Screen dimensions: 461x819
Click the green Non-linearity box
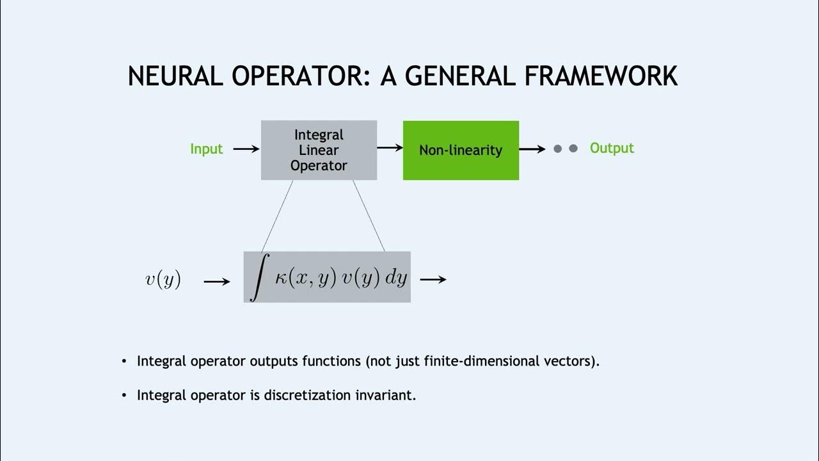(461, 150)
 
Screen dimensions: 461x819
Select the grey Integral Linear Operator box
(319, 150)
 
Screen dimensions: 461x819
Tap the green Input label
(206, 149)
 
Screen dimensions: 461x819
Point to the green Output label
(612, 149)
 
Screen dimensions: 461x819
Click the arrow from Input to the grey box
(246, 149)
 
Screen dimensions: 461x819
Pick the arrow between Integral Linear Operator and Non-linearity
(390, 148)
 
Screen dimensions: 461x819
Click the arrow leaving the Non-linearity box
(532, 149)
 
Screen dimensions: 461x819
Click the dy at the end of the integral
(396, 279)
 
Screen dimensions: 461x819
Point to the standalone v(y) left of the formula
(163, 279)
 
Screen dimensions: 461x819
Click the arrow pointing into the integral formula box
(217, 280)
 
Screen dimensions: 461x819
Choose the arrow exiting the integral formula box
(433, 279)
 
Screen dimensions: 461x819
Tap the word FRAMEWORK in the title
(601, 76)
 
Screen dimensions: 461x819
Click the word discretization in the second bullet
(309, 395)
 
